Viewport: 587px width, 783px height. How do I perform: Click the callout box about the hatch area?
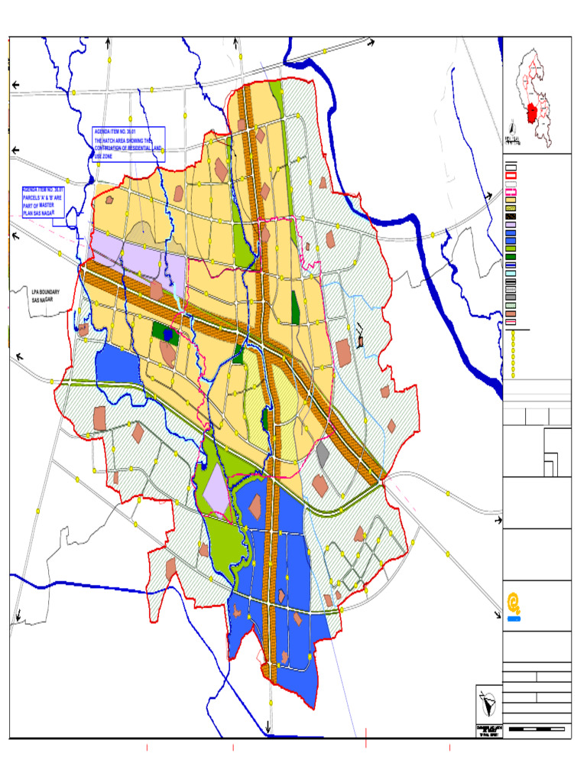[x=128, y=143]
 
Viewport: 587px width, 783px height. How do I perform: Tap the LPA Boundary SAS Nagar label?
[x=46, y=296]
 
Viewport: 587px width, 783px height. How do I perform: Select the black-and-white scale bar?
[x=538, y=729]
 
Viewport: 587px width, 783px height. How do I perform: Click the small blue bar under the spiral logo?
[x=514, y=619]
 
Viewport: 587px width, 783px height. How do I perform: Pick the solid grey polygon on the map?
[x=323, y=454]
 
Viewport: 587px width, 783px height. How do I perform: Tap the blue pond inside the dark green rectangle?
[x=167, y=334]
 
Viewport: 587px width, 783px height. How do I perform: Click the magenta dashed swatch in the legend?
[x=511, y=192]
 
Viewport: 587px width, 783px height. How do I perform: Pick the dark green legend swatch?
[x=511, y=257]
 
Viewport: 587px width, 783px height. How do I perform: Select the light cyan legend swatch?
[x=511, y=273]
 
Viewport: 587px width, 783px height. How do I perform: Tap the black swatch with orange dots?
[x=511, y=216]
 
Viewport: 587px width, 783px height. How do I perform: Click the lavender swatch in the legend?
[x=511, y=225]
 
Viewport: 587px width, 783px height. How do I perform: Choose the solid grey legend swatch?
[x=511, y=297]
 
